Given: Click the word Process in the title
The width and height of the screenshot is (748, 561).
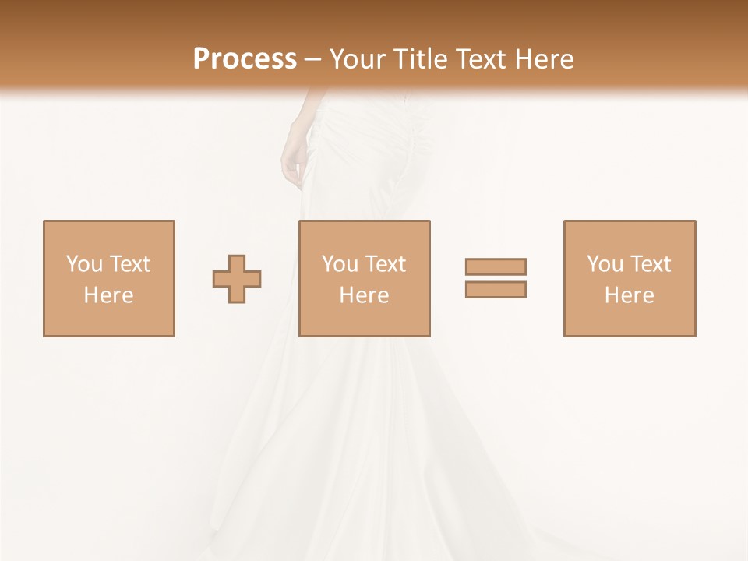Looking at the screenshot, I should [245, 59].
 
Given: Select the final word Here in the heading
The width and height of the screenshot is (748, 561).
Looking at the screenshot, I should [543, 59].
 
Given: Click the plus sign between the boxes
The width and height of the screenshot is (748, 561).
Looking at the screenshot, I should [237, 279].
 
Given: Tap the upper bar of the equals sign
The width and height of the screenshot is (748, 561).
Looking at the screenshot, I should [496, 266].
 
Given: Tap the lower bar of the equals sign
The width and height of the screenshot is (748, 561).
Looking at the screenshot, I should [496, 290].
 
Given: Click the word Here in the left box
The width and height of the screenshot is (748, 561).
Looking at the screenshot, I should [108, 295].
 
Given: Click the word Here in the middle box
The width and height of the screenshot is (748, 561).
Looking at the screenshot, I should [364, 295].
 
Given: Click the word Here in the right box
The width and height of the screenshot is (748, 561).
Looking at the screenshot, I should [629, 295].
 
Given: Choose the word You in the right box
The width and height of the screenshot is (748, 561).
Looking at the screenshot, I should [605, 264].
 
